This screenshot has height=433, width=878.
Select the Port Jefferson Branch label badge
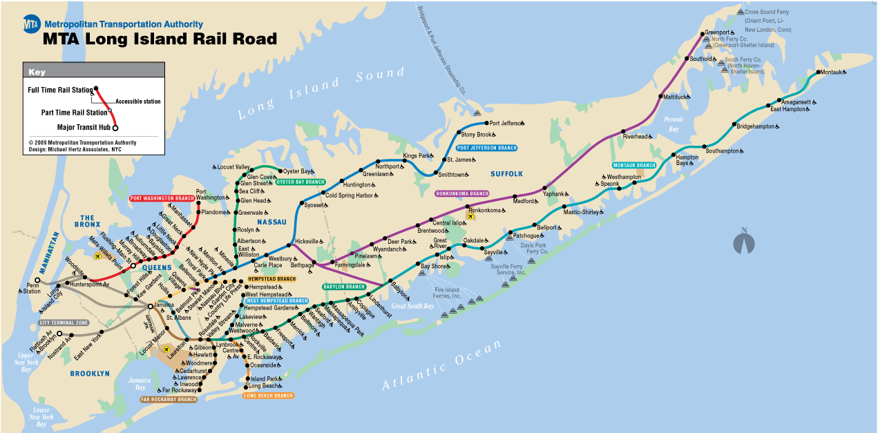pos(486,148)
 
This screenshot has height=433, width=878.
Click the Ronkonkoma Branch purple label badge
pos(462,193)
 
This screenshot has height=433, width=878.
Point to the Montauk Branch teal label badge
pos(633,166)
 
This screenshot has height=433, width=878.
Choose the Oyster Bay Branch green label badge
pos(300,182)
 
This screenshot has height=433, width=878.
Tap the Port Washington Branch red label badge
pos(162,198)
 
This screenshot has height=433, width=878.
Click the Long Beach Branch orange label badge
pos(269,396)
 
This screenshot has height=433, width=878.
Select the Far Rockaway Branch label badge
pos(169,399)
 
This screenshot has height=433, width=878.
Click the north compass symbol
pos(744,242)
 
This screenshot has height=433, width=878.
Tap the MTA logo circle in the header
pos(31,25)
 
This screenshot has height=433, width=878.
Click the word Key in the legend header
pos(36,72)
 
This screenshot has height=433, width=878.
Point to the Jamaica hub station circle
pos(150,305)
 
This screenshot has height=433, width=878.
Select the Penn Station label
pos(32,287)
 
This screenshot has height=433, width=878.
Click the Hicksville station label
pos(307,242)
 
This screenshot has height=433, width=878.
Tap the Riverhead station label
pos(636,137)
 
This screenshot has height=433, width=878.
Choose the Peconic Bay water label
pos(674,124)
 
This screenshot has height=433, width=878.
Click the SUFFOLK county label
pos(506,174)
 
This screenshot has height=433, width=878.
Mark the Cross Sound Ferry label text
pos(767,12)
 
